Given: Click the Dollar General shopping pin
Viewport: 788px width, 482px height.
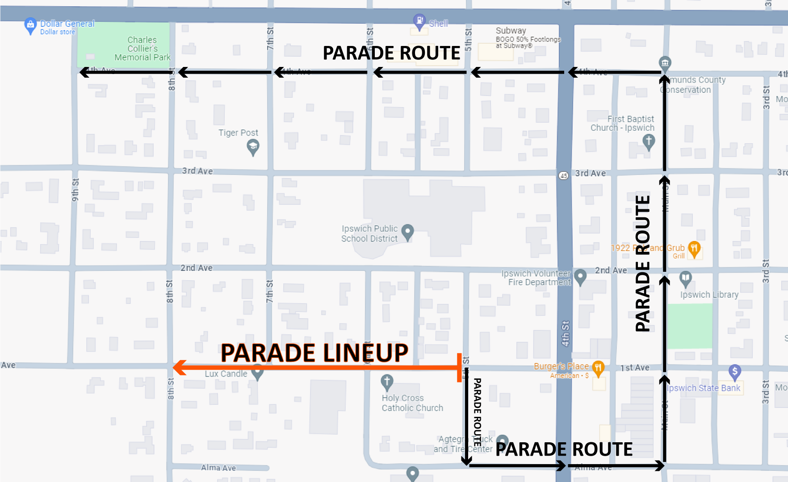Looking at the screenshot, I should pos(30,25).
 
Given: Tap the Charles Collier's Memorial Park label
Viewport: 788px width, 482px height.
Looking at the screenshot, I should pos(143,49).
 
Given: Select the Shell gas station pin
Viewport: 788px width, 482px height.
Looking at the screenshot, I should pos(419,21).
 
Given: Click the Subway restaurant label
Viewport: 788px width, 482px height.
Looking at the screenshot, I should pos(511,31).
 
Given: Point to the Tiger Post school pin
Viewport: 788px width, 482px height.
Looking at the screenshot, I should pos(253,146).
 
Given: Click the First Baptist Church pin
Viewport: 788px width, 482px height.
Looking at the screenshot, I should pos(649,141).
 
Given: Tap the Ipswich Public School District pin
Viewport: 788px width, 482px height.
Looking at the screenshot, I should pos(407,231).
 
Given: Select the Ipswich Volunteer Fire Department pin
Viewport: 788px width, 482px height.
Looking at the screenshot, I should pos(580,276).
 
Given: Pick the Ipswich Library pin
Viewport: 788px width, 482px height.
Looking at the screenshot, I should pos(685,278).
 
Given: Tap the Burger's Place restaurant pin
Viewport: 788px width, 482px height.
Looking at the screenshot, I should pos(598,368).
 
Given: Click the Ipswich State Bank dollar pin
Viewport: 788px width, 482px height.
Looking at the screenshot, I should pos(734,371).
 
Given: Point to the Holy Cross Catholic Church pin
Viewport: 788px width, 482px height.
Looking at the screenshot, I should pos(387,382).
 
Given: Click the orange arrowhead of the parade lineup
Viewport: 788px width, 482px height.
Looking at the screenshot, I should pos(179,367).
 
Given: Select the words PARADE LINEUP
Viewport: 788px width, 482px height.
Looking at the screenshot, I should pos(314,353).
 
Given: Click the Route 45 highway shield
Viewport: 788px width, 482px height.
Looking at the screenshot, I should pos(564,175).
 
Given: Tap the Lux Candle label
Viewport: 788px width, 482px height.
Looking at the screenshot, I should pos(226,374).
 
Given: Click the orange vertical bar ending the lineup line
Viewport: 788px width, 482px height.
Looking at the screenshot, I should pos(459,368).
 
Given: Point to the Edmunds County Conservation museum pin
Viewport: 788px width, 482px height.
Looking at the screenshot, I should pos(665,62).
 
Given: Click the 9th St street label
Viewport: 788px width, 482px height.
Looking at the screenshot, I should pos(75,190).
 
